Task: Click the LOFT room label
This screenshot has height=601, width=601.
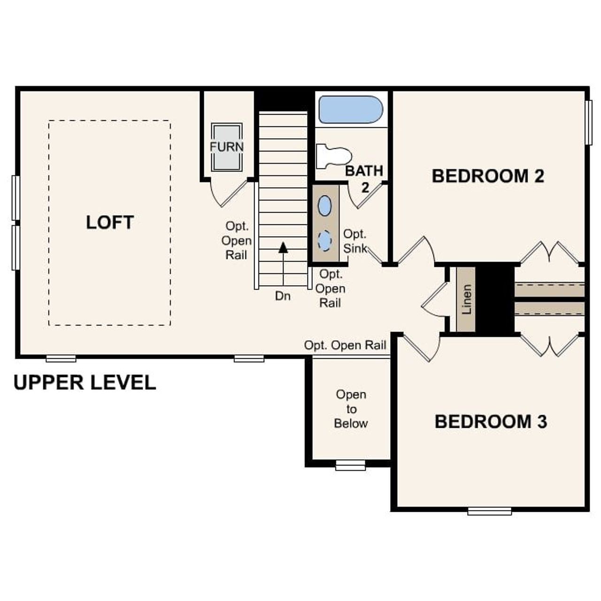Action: pos(110,222)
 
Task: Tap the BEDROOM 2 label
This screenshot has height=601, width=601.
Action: pos(488,176)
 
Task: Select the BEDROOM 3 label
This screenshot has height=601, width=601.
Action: pos(491,422)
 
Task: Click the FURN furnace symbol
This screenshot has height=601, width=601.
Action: pos(227,147)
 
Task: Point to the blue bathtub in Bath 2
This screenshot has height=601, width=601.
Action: pos(351,109)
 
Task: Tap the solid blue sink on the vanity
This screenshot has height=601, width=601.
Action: pos(324,206)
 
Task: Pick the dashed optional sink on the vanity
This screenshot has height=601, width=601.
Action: pos(324,240)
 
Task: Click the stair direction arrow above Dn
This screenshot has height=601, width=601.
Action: pos(283,247)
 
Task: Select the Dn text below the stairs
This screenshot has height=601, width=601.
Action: pos(283,296)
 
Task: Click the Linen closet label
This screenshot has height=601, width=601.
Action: pos(466,300)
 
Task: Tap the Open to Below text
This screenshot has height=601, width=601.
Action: pos(351,409)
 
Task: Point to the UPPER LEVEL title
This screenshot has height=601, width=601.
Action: pos(85,383)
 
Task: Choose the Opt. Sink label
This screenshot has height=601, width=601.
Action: pos(355,241)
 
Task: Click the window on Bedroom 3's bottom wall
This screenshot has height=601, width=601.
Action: pos(489,511)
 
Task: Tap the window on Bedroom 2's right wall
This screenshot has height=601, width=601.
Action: pos(588,122)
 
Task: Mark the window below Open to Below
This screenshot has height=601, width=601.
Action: pos(350,465)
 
